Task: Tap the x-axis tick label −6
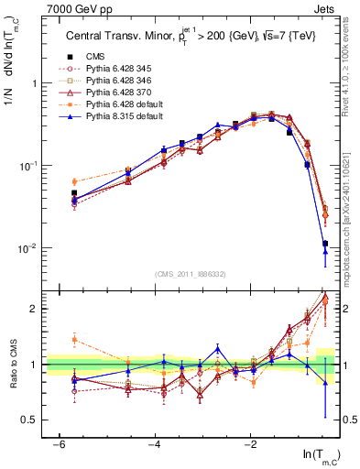pos(59,444)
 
